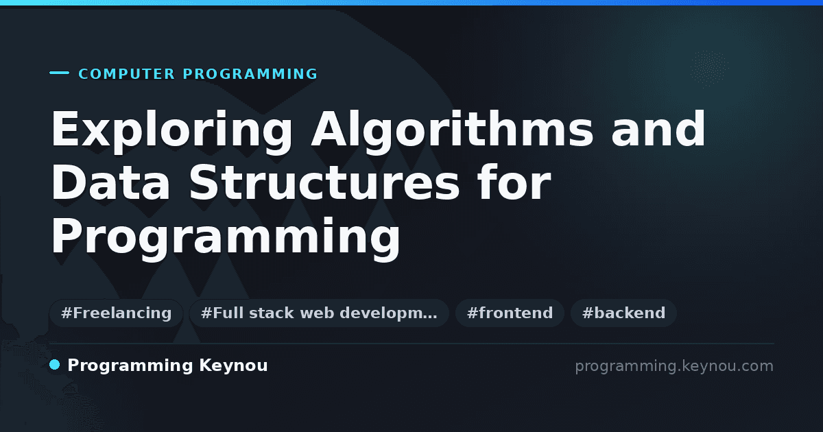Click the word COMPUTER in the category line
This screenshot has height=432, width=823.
click(x=127, y=74)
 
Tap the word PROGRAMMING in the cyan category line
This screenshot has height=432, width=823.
click(x=250, y=74)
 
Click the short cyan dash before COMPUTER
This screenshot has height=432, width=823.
click(x=59, y=73)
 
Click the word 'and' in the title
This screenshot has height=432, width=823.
click(x=658, y=130)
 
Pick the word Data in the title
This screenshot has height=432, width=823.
click(x=110, y=182)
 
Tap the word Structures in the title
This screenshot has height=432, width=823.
click(x=324, y=182)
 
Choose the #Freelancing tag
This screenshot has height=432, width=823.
click(x=116, y=313)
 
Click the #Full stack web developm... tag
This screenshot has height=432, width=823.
click(x=319, y=313)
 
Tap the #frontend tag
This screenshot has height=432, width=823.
click(x=510, y=313)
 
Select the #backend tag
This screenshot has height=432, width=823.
click(x=623, y=313)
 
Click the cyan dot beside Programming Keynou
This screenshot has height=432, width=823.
click(x=54, y=365)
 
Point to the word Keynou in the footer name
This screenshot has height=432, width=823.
click(x=233, y=366)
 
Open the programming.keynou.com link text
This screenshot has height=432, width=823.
click(x=674, y=366)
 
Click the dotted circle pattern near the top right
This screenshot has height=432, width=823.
click(x=709, y=69)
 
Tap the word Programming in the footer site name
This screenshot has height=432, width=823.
click(x=130, y=366)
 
